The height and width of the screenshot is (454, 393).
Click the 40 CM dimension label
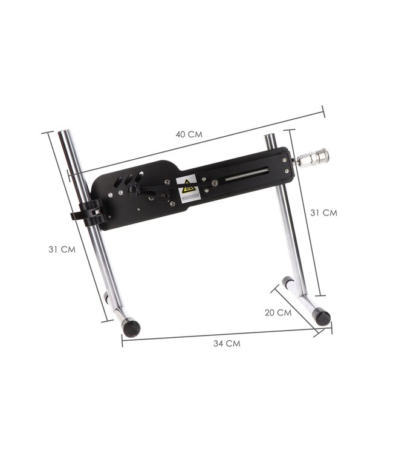189,134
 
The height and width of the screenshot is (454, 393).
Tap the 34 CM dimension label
227,343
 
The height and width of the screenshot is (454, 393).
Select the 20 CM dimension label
278,313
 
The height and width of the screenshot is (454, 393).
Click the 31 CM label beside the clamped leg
62,249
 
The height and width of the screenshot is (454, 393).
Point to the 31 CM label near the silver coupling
323,213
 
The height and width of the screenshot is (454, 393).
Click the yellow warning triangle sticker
187,188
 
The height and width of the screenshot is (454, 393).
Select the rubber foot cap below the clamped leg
131,327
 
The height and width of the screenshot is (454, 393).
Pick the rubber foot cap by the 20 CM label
323,318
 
